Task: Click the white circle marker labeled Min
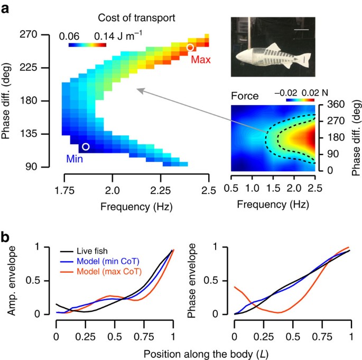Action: tap(86, 146)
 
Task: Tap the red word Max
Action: tap(201, 59)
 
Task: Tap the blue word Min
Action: tap(74, 158)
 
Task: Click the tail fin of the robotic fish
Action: tap(307, 57)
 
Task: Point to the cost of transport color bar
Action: tap(87, 45)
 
